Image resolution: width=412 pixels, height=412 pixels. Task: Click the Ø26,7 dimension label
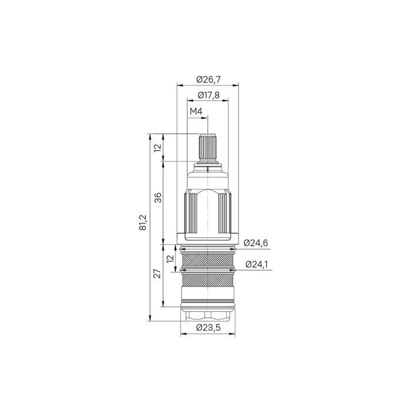pos(208,79)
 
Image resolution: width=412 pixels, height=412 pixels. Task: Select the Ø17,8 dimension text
pos(208,95)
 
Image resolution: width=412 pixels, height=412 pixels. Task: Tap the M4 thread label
pos(196,112)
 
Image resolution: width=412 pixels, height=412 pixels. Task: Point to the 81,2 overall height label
pos(142,222)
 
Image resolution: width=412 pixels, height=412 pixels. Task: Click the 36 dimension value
pos(158,197)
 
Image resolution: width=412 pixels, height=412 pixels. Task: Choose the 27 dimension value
pos(157,274)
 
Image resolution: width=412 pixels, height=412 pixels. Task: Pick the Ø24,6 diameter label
pos(255,242)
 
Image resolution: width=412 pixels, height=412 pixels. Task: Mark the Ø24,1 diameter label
pos(257,264)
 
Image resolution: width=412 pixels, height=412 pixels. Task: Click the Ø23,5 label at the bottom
pos(208,328)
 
